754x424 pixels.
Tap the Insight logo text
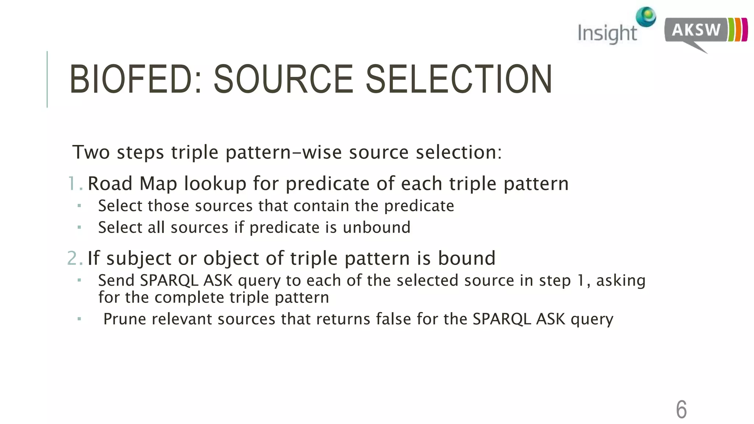(607, 33)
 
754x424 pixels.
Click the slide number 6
(681, 409)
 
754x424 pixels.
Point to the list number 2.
(74, 258)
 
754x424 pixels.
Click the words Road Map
(132, 183)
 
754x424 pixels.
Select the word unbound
(376, 227)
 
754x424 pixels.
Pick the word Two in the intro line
(91, 152)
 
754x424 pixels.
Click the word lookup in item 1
(215, 183)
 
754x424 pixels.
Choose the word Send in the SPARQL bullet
(116, 280)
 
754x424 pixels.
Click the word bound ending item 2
(466, 258)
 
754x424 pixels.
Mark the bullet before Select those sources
(79, 206)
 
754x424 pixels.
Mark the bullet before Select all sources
(79, 227)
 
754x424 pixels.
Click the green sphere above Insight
(646, 16)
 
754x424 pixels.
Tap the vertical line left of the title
(47, 79)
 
